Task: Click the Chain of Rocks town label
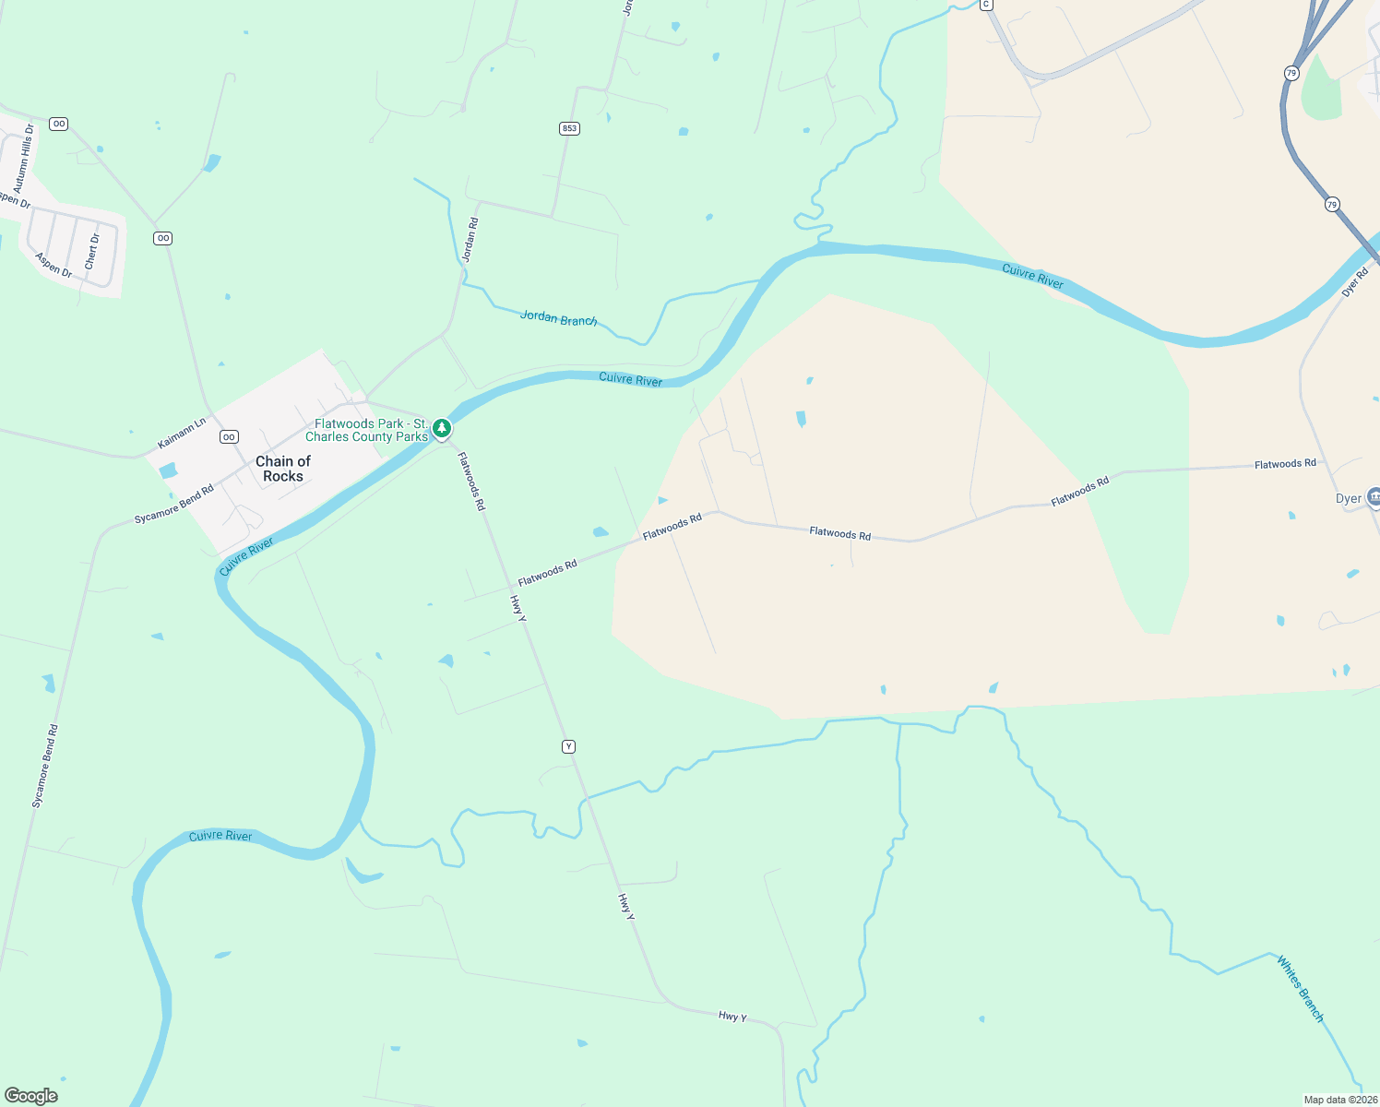(x=282, y=469)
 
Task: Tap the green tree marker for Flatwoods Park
(x=443, y=428)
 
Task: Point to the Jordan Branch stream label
(x=558, y=318)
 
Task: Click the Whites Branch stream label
(x=1300, y=989)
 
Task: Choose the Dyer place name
(x=1348, y=499)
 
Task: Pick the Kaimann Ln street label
(x=182, y=434)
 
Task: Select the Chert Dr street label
(x=92, y=252)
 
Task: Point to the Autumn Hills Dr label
(x=24, y=159)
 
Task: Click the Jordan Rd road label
(x=470, y=240)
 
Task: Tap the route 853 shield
(x=569, y=128)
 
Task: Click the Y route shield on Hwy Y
(x=568, y=746)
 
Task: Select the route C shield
(x=986, y=5)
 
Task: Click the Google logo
(x=31, y=1095)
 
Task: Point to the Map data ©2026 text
(x=1339, y=1100)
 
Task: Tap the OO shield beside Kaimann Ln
(x=229, y=437)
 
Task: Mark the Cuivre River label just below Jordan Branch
(x=630, y=379)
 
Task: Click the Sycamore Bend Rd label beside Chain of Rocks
(x=173, y=505)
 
